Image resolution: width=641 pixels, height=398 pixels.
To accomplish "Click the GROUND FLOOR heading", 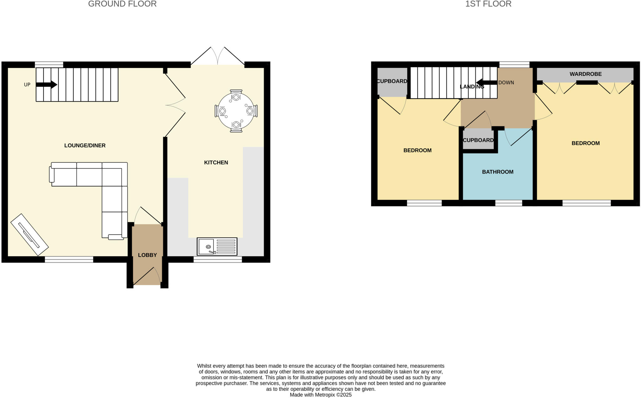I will click(122, 4).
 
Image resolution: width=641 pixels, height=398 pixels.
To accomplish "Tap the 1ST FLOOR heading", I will click(488, 4).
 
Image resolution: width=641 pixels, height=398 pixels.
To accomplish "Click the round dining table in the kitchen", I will click(236, 111).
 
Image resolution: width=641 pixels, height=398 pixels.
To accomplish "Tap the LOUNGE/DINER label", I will click(85, 145).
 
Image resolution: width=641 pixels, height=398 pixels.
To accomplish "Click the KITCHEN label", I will click(216, 162).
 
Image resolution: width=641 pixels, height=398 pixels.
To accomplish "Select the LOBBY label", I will click(147, 255).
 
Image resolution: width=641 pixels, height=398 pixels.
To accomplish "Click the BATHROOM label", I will click(498, 172).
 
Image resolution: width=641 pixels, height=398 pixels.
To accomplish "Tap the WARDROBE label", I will click(585, 74).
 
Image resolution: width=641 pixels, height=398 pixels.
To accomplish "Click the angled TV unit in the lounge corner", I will click(29, 235).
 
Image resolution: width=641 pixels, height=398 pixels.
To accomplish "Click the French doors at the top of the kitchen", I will click(218, 58).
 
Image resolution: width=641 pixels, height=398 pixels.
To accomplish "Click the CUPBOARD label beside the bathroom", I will click(478, 140).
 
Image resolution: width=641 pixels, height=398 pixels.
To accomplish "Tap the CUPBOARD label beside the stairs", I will click(392, 81).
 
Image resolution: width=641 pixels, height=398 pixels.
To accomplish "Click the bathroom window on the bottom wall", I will click(509, 203).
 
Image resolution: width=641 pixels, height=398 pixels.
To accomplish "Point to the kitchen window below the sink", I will click(218, 259).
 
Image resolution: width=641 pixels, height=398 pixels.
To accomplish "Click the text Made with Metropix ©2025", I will click(320, 395).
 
